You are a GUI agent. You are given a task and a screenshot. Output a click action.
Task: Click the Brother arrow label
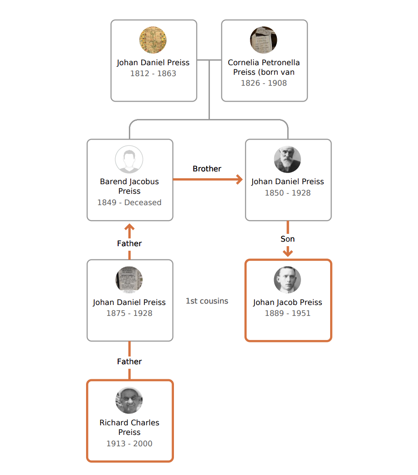pos(207,169)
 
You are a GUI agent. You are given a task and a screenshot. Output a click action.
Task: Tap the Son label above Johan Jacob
pos(287,239)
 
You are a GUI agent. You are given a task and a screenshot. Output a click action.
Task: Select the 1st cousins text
pos(207,301)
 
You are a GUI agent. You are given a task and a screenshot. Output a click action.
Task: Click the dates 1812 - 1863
pos(153,73)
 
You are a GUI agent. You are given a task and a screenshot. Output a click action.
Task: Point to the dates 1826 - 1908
pos(264,83)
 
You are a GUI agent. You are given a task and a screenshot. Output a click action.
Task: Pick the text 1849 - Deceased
pos(129,202)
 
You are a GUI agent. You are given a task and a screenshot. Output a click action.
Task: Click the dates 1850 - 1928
pos(287,193)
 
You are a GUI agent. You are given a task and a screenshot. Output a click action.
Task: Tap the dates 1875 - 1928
pos(129,313)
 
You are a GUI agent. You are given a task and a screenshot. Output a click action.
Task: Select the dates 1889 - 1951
pos(287,313)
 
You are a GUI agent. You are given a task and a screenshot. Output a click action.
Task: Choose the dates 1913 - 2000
pos(129,444)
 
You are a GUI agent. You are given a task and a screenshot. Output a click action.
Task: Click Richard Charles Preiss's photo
pos(129,401)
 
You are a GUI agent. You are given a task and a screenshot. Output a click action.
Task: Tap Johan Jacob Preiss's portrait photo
pos(287,280)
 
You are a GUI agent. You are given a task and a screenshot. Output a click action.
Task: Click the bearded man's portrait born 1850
pos(287,160)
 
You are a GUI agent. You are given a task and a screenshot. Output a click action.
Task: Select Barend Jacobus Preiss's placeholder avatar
pos(129,160)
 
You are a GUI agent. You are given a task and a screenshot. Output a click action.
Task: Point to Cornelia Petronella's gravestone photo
pos(264,40)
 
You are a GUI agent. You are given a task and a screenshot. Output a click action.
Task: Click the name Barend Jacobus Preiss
pos(129,186)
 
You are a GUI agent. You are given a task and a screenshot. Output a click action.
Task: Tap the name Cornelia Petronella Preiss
pos(264,67)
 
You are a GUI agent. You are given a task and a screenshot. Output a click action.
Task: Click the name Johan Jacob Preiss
pos(287,302)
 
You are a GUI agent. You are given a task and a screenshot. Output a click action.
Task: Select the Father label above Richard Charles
pos(129,361)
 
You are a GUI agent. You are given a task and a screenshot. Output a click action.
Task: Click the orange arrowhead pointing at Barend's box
pos(129,227)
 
